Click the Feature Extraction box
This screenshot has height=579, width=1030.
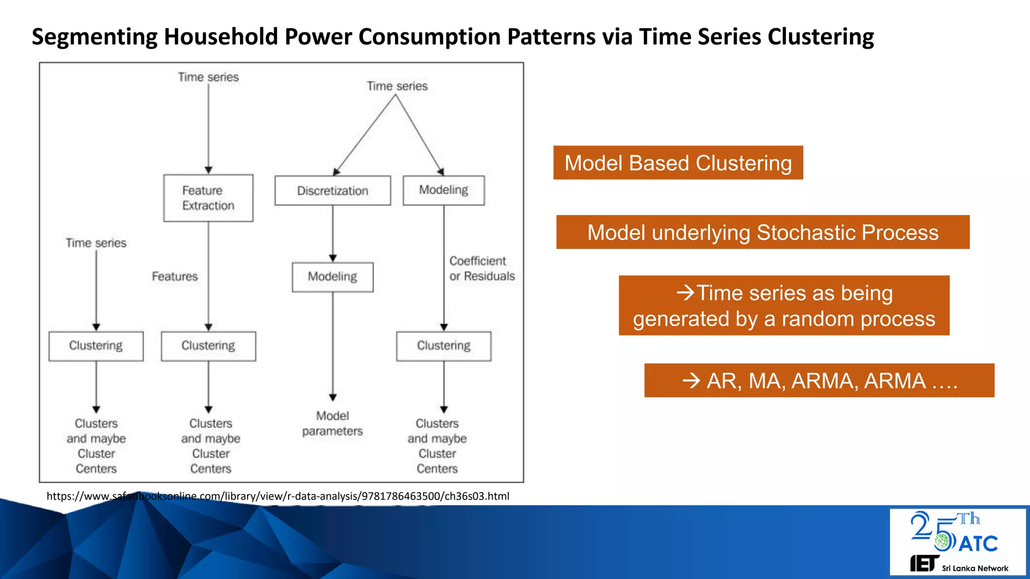208,198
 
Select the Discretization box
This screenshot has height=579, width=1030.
332,190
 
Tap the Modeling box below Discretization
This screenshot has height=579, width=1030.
332,277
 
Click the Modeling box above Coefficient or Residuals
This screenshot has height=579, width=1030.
444,190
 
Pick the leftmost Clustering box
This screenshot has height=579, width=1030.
96,346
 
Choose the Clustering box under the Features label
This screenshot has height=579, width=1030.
208,346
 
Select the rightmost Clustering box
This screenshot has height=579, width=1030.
444,346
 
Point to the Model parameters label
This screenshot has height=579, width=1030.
332,423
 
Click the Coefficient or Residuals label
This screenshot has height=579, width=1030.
481,268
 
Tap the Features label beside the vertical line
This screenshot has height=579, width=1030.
175,276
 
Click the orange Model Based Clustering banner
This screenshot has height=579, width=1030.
677,163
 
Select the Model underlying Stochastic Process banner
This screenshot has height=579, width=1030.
762,232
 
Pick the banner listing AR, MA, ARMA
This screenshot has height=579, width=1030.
819,380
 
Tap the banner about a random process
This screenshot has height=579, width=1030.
784,306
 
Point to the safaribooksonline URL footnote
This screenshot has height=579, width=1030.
278,496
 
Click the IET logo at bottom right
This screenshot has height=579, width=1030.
924,563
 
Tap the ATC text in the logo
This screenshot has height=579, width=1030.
978,544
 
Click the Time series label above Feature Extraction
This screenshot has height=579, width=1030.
208,77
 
